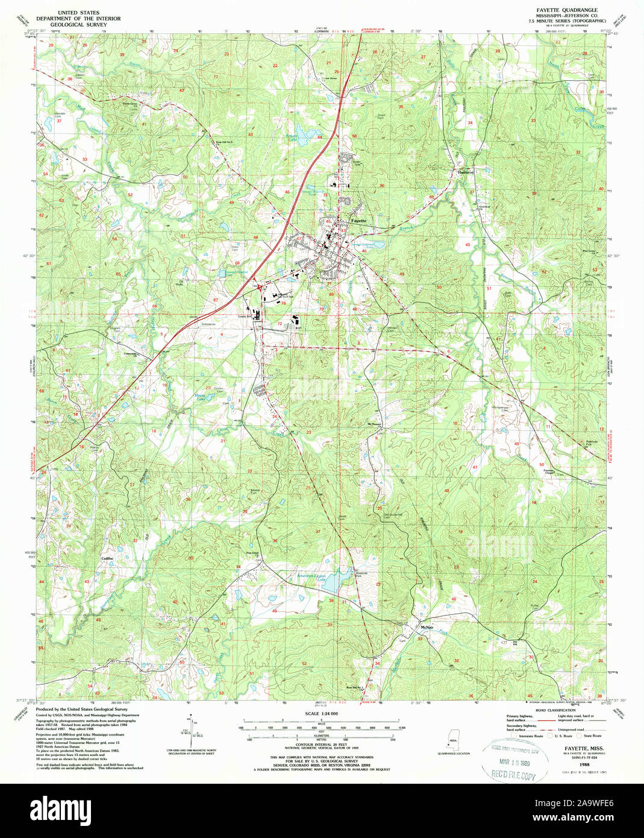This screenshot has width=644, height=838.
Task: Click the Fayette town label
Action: coord(358,221)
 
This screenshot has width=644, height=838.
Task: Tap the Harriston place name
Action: coord(466,172)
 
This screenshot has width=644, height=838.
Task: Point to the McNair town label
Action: coord(428,627)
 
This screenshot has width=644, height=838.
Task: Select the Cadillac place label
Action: coord(108,558)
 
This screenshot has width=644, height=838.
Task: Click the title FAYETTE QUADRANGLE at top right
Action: coord(558,10)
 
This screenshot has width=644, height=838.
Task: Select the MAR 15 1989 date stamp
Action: coord(515,764)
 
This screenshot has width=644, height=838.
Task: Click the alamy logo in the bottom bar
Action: coord(63,807)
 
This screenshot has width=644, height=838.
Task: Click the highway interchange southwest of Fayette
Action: coord(259,288)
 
